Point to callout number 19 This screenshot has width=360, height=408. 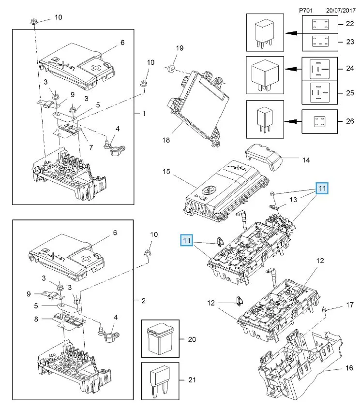180,48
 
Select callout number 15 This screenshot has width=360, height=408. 166,172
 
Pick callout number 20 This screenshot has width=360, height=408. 192,339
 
